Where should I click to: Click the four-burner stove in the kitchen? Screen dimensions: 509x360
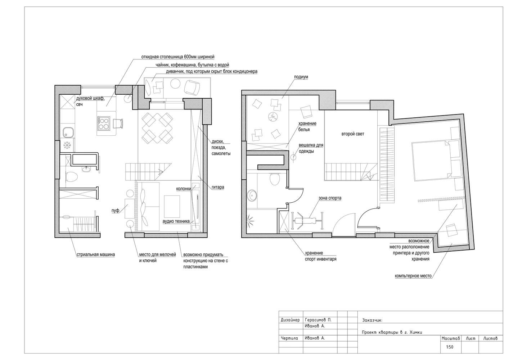tap(104, 123)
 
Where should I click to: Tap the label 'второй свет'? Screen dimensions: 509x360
tap(353, 134)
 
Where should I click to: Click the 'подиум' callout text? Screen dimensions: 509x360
tap(301, 77)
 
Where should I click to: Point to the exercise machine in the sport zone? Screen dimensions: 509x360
tap(307, 220)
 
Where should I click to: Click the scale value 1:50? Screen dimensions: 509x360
tap(450, 347)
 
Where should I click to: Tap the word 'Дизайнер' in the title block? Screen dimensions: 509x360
tap(290, 320)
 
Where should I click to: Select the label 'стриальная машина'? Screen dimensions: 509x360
tap(96, 255)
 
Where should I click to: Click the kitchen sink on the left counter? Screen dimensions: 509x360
tap(68, 132)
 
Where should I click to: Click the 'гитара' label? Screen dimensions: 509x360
tap(218, 187)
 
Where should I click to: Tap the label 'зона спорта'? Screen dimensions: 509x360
tap(330, 198)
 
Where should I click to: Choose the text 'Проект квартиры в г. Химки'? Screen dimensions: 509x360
tap(392, 332)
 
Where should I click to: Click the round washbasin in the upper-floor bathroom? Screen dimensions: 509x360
tap(252, 195)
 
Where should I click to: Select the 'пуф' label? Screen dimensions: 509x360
tap(115, 211)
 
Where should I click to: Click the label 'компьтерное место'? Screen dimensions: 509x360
tap(413, 276)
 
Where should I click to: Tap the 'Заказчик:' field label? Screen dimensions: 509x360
tap(372, 320)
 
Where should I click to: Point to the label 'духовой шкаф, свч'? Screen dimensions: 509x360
tap(90, 102)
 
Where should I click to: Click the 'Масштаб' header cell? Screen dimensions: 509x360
tap(451, 338)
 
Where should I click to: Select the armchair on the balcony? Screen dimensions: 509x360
tap(192, 87)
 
